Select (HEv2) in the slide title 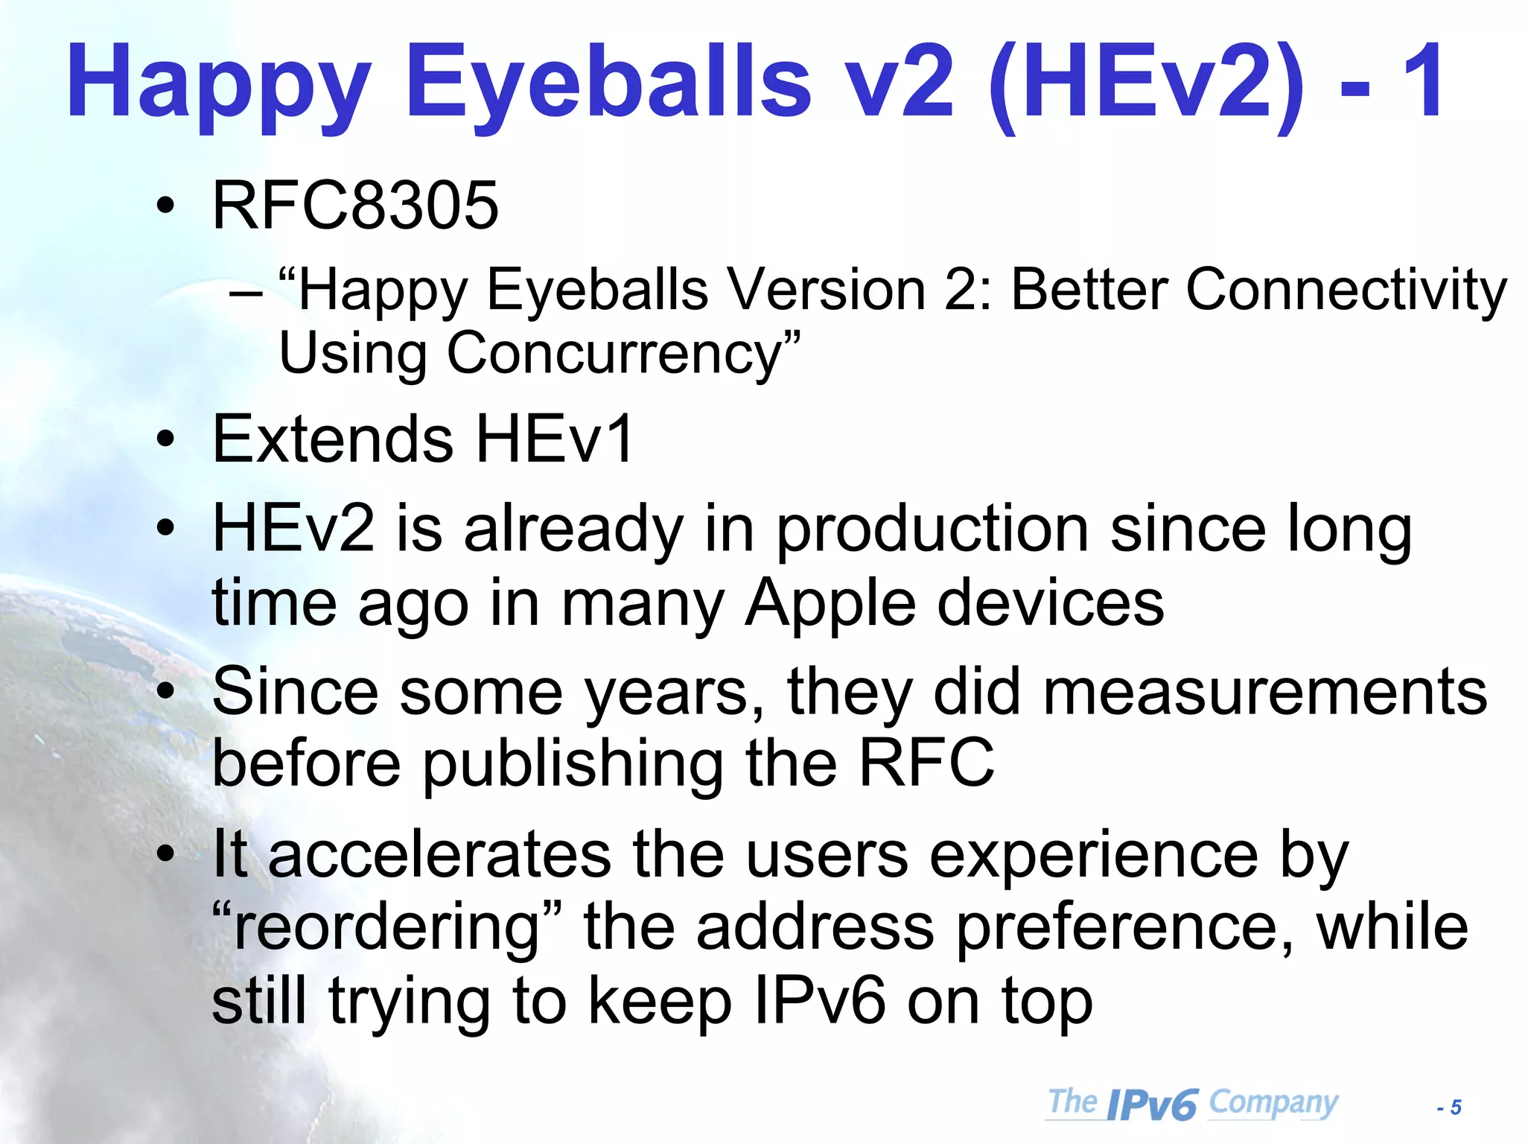coord(1147,83)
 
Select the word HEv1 coord(555,439)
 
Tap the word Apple coord(830,603)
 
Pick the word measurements coord(1265,692)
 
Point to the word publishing coord(573,763)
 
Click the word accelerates coord(439,855)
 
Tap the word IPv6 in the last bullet coord(819,1002)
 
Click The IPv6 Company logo coord(1192,1103)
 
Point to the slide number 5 coord(1456,1108)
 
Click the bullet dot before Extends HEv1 coord(166,439)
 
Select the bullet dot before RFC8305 coord(166,206)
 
